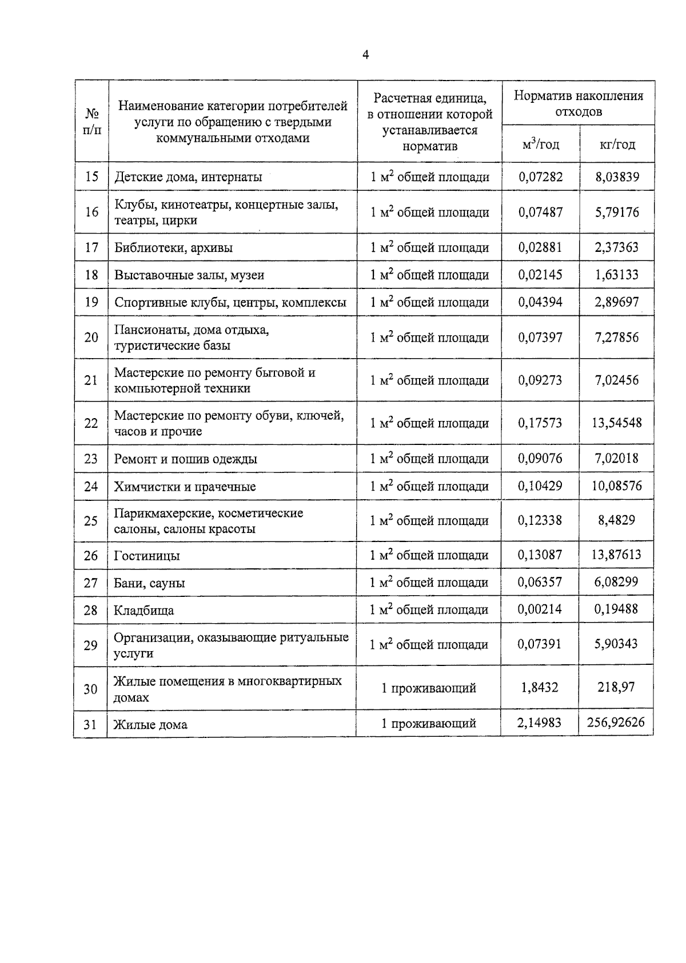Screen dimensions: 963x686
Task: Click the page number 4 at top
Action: [365, 54]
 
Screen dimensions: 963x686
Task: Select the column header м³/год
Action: [540, 145]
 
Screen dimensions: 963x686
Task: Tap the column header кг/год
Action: [617, 145]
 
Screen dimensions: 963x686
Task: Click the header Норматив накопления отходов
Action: [578, 103]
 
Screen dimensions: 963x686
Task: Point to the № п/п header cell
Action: [91, 122]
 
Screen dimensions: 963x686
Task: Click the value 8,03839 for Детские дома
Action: [617, 177]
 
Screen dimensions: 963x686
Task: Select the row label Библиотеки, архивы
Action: [173, 248]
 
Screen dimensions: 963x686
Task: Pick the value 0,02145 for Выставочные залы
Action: [540, 275]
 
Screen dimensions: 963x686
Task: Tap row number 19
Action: [91, 302]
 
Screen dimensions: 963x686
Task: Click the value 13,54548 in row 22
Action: [617, 423]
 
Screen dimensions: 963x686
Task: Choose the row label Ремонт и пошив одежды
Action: [185, 459]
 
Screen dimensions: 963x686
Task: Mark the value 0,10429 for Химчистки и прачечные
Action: [540, 486]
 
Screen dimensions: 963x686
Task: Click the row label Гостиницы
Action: [147, 556]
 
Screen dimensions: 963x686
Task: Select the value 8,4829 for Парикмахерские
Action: [617, 520]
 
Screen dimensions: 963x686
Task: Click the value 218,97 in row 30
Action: [616, 688]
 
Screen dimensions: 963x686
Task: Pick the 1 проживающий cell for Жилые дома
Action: [429, 724]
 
